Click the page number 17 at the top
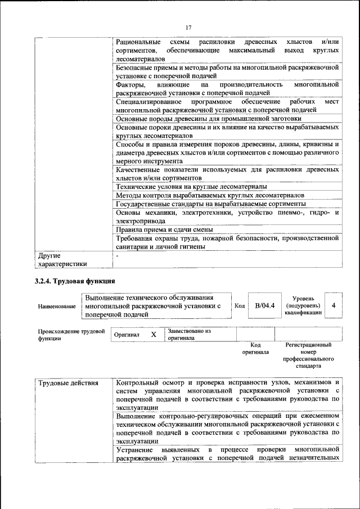[x=188, y=28]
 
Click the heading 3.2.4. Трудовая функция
[x=74, y=281]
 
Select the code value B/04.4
[x=264, y=305]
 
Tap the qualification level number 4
[x=334, y=305]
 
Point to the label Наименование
[x=57, y=307]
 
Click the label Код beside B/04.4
[x=240, y=306]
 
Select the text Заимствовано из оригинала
[x=188, y=335]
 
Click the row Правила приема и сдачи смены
[x=164, y=229]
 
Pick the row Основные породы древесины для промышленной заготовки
[x=209, y=119]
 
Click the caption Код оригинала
[x=255, y=348]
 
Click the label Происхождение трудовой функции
[x=71, y=335]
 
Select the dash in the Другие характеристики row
[x=117, y=255]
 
